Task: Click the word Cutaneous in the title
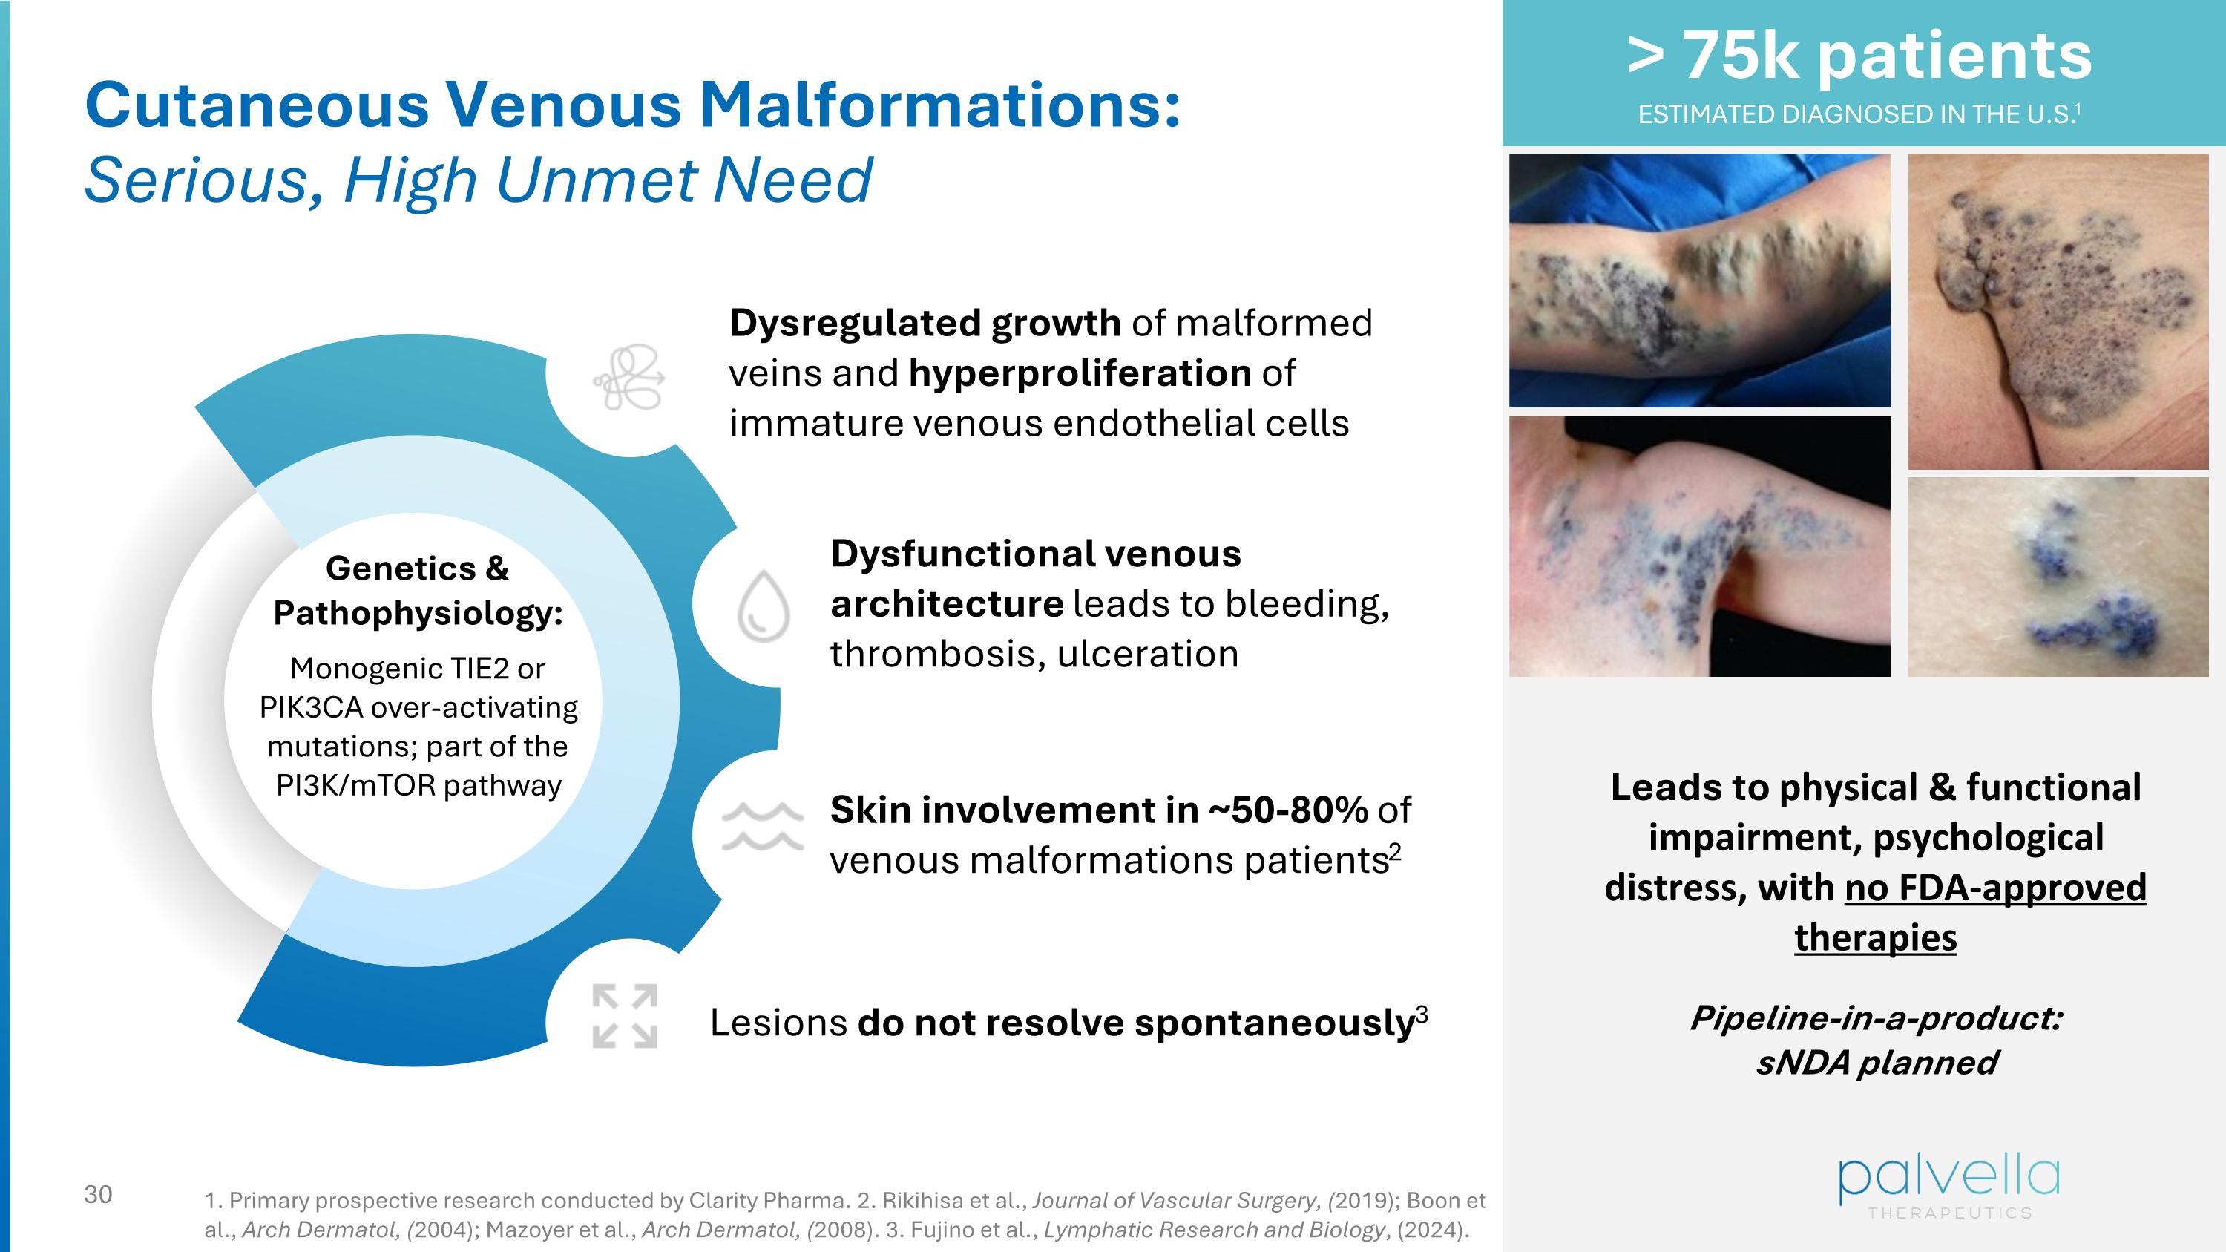pos(257,105)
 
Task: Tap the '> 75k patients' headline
pos(1859,56)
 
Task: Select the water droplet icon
pos(762,605)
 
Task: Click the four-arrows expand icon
pos(624,1016)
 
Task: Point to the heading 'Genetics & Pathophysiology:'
pos(417,590)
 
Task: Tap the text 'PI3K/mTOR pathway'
pos(418,785)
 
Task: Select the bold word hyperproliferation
pos(1080,373)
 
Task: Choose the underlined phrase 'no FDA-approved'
pos(1994,888)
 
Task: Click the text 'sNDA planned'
pos(1876,1062)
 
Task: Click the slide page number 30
pos(98,1195)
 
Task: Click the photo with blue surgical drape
pos(1699,281)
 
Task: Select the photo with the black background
pos(1699,546)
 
